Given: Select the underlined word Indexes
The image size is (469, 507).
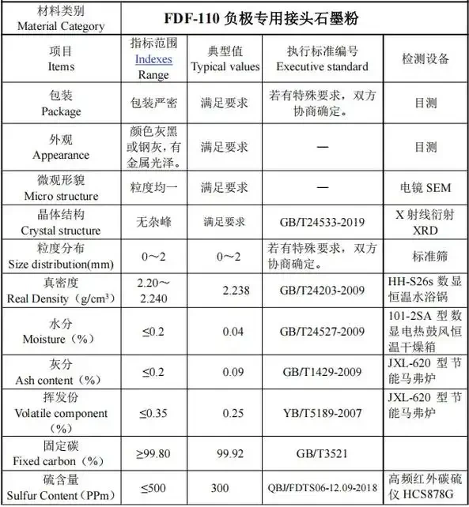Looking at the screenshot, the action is pyautogui.click(x=153, y=60).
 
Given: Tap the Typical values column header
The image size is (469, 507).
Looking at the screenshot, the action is pyautogui.click(x=225, y=59).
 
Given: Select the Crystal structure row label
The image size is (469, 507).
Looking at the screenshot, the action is pyautogui.click(x=61, y=223).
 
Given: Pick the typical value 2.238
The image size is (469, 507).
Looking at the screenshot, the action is pyautogui.click(x=236, y=291).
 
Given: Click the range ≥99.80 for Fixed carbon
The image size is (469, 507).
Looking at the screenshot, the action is pyautogui.click(x=153, y=454).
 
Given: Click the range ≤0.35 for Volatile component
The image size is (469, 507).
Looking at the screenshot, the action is pyautogui.click(x=153, y=414).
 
